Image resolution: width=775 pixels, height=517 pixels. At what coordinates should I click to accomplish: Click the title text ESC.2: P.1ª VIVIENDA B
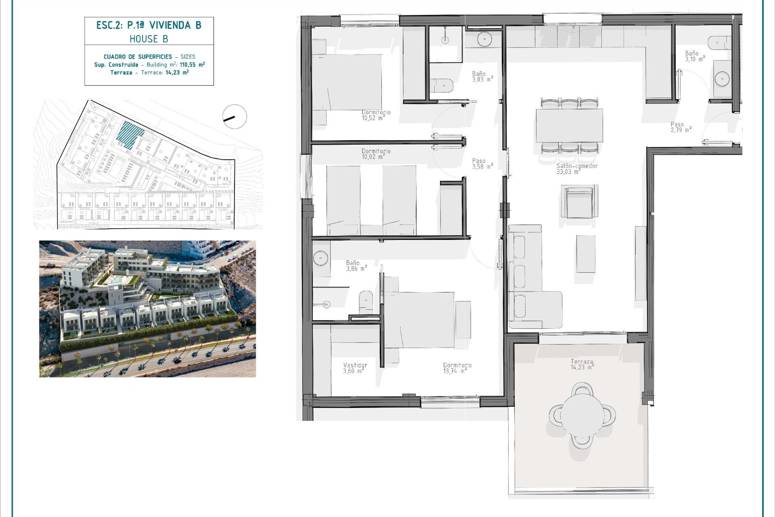point(149,25)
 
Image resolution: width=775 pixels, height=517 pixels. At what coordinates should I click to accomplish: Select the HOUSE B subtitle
point(149,39)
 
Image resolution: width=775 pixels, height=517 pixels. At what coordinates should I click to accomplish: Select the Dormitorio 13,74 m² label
point(457,368)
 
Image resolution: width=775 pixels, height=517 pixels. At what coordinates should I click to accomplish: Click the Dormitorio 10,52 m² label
point(376,115)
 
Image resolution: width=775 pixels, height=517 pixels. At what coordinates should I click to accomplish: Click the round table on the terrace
point(582,415)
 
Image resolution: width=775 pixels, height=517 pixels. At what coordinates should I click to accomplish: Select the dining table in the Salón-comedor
point(569,125)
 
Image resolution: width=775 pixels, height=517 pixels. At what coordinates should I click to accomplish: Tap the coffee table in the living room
point(585,254)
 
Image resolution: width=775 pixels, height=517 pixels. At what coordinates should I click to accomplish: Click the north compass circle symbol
point(235,117)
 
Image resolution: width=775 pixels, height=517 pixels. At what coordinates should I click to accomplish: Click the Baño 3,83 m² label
point(483,77)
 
